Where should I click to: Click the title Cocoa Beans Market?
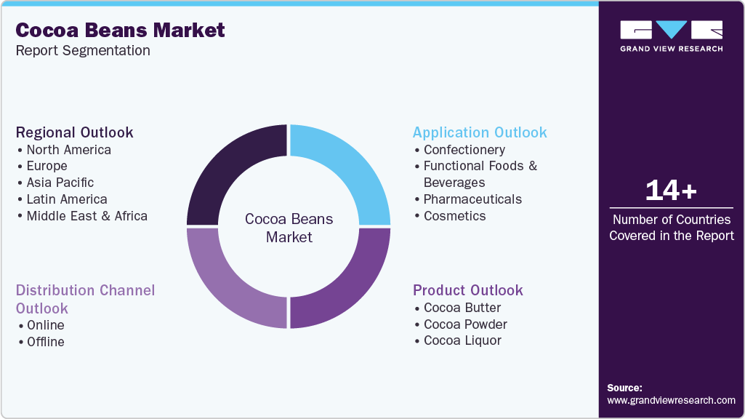pyautogui.click(x=120, y=31)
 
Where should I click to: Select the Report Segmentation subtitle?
pyautogui.click(x=83, y=51)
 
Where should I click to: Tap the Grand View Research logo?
pyautogui.click(x=671, y=36)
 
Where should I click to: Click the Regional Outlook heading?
pyautogui.click(x=75, y=132)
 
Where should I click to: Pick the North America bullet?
pyautogui.click(x=68, y=150)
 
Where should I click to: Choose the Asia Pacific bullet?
pyautogui.click(x=60, y=183)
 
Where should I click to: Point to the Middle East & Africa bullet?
pyautogui.click(x=86, y=216)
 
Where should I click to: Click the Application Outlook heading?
pyautogui.click(x=480, y=132)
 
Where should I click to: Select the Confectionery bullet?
pyautogui.click(x=464, y=150)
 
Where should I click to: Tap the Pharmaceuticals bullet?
pyautogui.click(x=472, y=199)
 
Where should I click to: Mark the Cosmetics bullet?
pyautogui.click(x=454, y=216)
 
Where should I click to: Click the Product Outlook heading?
pyautogui.click(x=468, y=290)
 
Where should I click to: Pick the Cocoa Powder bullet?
pyautogui.click(x=465, y=324)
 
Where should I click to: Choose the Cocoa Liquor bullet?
pyautogui.click(x=462, y=341)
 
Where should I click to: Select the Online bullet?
pyautogui.click(x=45, y=325)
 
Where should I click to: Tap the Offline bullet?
pyautogui.click(x=45, y=342)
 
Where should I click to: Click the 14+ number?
pyautogui.click(x=671, y=191)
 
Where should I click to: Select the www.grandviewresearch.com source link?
pyautogui.click(x=671, y=400)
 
